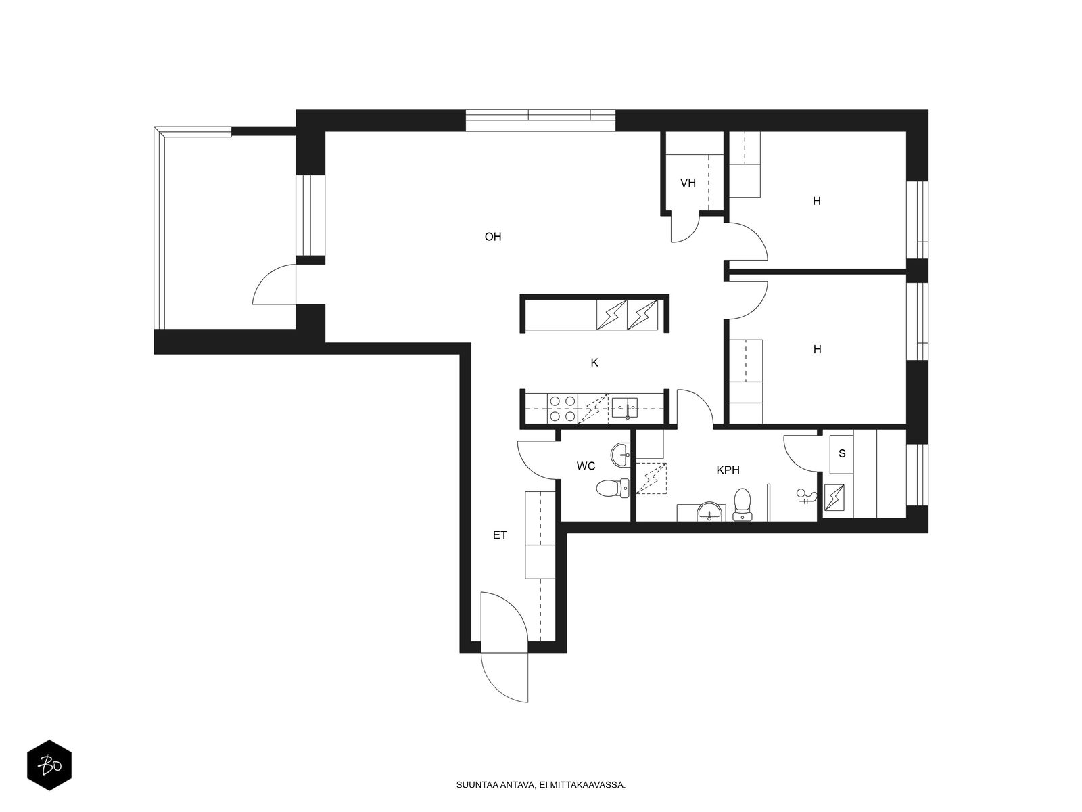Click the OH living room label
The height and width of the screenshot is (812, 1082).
pyautogui.click(x=492, y=237)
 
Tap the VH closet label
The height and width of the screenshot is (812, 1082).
pyautogui.click(x=688, y=183)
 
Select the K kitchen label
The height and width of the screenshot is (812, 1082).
pyautogui.click(x=594, y=363)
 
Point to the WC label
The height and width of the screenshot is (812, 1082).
pyautogui.click(x=586, y=466)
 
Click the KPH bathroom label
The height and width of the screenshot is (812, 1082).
pyautogui.click(x=728, y=470)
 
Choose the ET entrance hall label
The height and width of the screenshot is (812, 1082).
pyautogui.click(x=500, y=535)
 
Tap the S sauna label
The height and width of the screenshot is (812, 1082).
pyautogui.click(x=842, y=453)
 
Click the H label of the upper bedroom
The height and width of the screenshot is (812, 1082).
pyautogui.click(x=817, y=201)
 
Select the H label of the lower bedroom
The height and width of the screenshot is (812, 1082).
pyautogui.click(x=818, y=350)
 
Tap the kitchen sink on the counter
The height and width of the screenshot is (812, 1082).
pyautogui.click(x=625, y=408)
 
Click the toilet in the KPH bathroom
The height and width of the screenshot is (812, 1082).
pyautogui.click(x=743, y=504)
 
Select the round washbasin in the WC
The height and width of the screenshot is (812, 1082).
pyautogui.click(x=620, y=455)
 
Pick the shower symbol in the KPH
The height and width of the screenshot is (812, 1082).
pyautogui.click(x=807, y=497)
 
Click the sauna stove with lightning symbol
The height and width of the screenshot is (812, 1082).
pyautogui.click(x=834, y=497)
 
